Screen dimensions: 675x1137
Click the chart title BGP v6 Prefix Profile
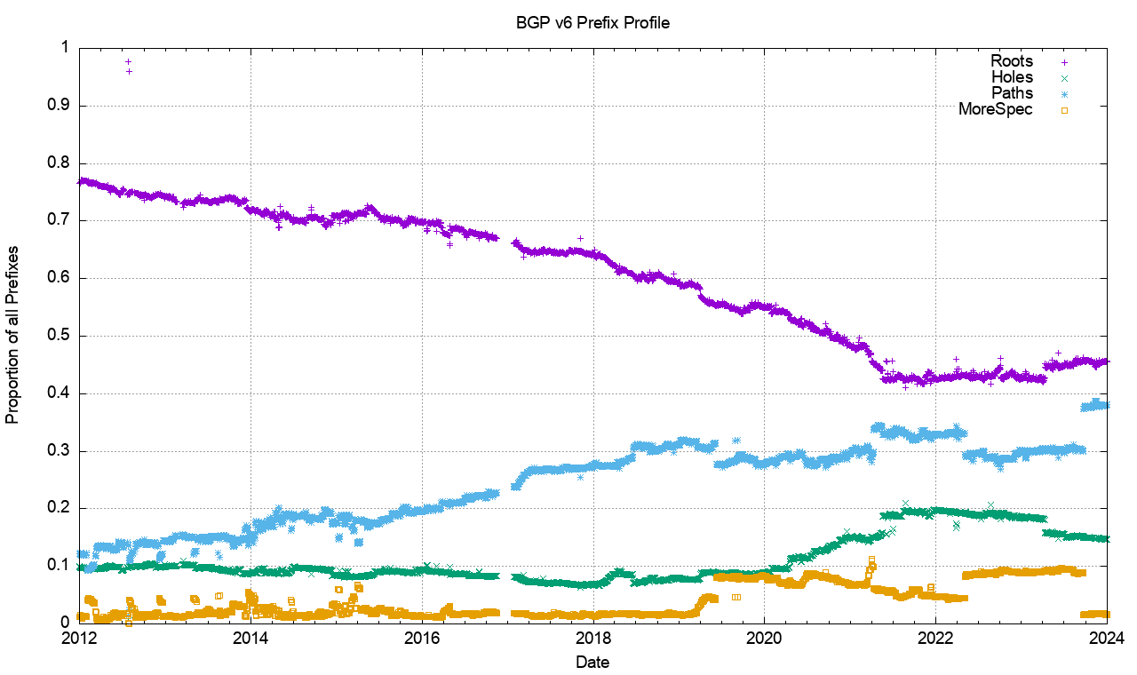click(x=592, y=23)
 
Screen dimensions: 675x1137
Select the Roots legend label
click(x=1012, y=61)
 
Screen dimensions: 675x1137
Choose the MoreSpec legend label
click(x=996, y=109)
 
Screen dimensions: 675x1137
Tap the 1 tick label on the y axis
click(x=65, y=48)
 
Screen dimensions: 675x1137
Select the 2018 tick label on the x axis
click(x=593, y=639)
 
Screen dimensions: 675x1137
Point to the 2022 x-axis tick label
click(x=936, y=639)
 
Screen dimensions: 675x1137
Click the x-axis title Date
click(x=592, y=662)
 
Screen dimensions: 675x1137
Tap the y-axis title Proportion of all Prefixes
click(x=13, y=335)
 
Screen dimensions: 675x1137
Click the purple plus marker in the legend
click(x=1064, y=61)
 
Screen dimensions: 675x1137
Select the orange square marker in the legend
click(x=1064, y=110)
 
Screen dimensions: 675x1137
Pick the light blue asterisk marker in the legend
click(x=1064, y=94)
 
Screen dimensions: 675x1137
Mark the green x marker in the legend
click(x=1064, y=78)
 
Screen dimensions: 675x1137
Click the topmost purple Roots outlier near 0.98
click(x=129, y=61)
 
